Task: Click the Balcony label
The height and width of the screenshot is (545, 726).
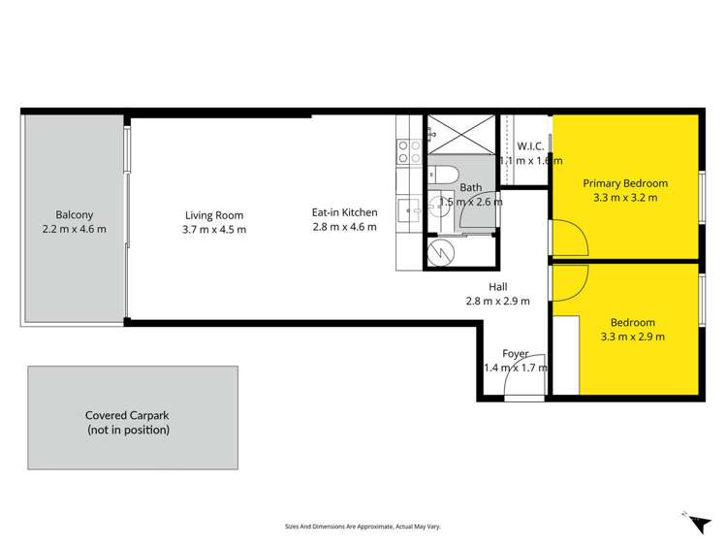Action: (75, 214)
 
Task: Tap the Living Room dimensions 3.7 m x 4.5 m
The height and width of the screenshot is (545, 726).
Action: (214, 230)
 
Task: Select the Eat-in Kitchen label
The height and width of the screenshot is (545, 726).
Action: (344, 212)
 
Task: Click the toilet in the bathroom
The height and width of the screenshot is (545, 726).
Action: (445, 176)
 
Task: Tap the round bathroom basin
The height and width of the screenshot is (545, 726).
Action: (438, 206)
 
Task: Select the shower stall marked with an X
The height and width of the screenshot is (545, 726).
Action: (460, 135)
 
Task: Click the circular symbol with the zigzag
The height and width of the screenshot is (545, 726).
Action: (442, 253)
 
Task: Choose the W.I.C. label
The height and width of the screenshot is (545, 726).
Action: (529, 146)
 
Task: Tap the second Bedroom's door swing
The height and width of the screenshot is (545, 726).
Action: (570, 281)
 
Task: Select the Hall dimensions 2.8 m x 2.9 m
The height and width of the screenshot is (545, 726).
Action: (497, 301)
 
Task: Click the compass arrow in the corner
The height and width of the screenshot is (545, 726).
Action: (696, 522)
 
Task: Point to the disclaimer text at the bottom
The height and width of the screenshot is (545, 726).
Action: (363, 527)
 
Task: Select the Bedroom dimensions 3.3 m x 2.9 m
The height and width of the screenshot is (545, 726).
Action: (633, 337)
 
